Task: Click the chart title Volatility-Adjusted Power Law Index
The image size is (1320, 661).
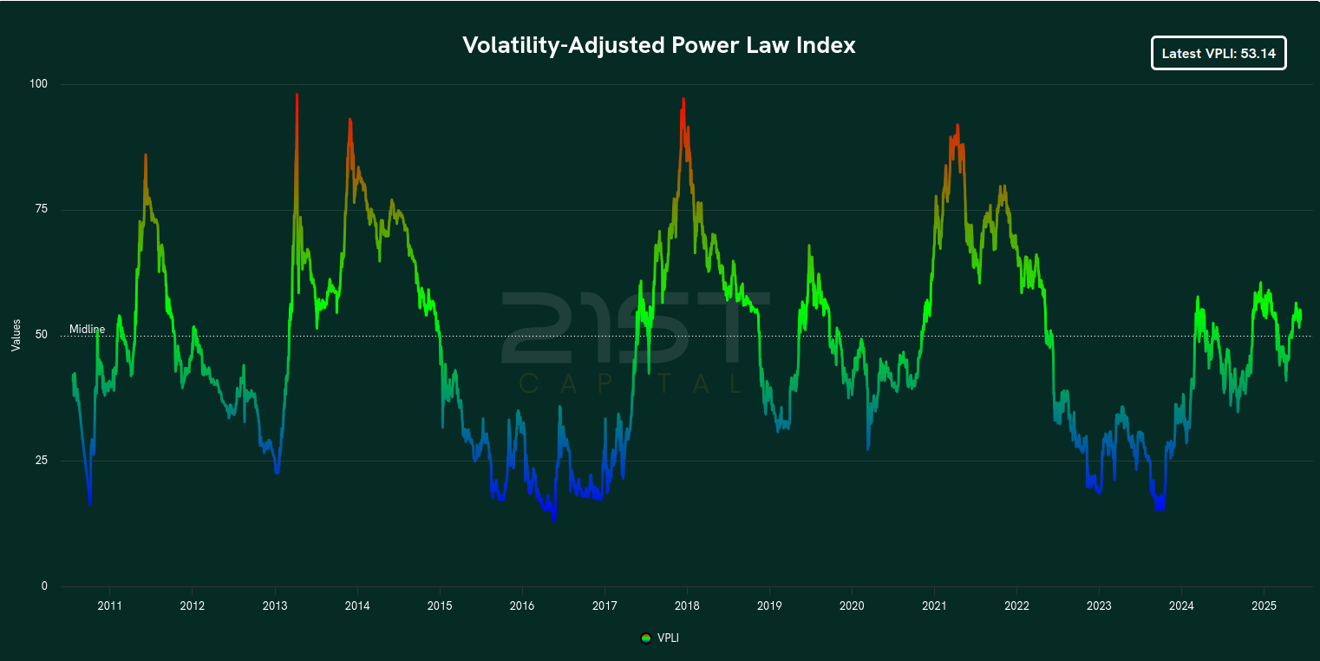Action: (659, 46)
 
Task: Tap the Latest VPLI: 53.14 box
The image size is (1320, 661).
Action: (1219, 53)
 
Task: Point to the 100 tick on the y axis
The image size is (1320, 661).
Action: (39, 84)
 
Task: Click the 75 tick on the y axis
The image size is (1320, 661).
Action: (42, 209)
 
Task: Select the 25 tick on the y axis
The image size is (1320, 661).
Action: (42, 460)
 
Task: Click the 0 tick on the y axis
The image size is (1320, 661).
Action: (44, 586)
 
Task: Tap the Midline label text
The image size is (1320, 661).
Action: (87, 330)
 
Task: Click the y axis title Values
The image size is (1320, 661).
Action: (16, 335)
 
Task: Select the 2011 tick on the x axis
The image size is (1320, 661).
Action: (109, 605)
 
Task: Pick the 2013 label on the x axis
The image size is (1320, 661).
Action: (274, 605)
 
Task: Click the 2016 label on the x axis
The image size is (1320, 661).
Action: (521, 605)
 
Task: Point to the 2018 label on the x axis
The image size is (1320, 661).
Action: (687, 605)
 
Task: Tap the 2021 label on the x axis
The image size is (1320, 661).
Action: (934, 605)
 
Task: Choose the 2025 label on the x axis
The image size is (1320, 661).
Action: (1264, 605)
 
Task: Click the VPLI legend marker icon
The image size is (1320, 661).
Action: (645, 638)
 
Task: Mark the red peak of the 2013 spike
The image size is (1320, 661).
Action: (297, 95)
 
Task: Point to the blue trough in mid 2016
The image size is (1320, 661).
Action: (554, 519)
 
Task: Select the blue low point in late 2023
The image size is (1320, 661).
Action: (1159, 509)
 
